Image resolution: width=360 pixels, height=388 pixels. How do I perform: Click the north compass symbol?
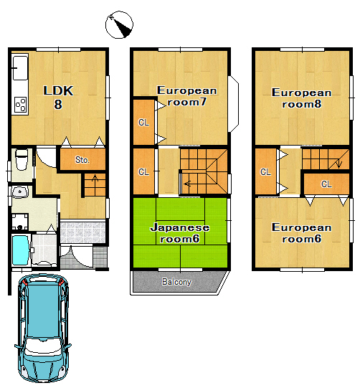[x=119, y=25]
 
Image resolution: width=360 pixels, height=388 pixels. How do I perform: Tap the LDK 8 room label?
[x=58, y=98]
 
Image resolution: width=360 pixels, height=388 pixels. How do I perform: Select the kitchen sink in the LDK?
[x=20, y=68]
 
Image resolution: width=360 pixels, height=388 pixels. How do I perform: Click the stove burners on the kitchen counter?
[x=21, y=105]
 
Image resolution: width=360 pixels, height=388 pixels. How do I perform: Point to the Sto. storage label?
[x=82, y=160]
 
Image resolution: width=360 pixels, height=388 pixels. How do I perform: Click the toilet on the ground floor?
[x=22, y=160]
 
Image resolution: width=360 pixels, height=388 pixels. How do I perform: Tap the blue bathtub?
[x=21, y=250]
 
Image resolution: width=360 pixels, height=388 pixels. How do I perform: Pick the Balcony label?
[x=176, y=282]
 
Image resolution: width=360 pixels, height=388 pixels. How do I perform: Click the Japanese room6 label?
[x=180, y=233]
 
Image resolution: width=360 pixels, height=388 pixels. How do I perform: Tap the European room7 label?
[x=186, y=96]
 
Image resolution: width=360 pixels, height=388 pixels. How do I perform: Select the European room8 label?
[x=302, y=98]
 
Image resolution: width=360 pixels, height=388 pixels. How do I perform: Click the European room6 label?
[x=302, y=233]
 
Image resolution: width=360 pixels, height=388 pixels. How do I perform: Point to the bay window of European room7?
[x=233, y=104]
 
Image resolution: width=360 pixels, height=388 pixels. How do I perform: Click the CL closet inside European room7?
[x=143, y=122]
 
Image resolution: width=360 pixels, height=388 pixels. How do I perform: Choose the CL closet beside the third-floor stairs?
[x=326, y=184]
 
